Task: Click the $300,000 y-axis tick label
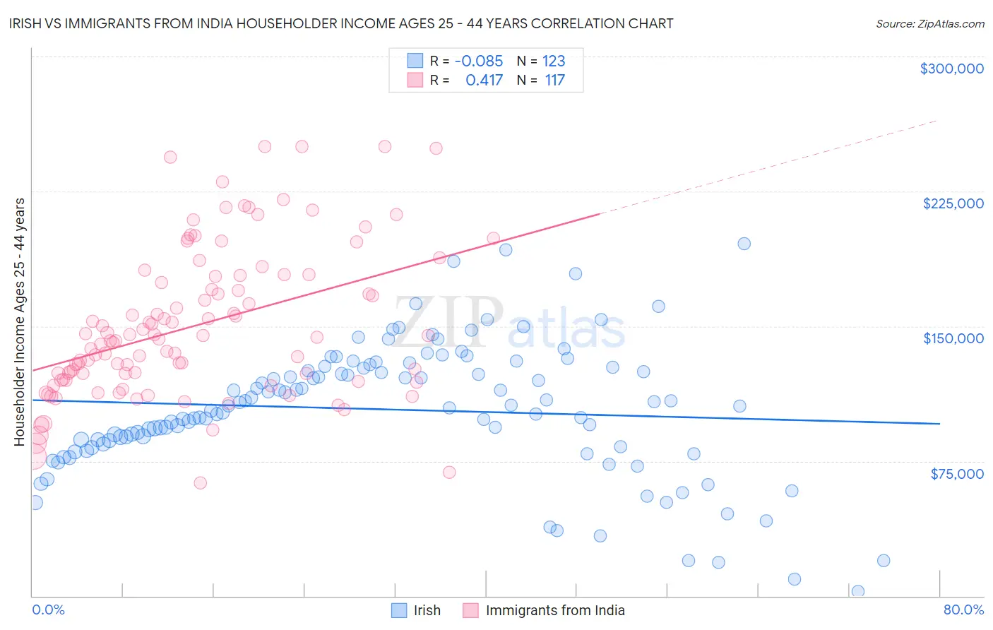click(951, 69)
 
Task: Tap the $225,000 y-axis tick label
click(953, 203)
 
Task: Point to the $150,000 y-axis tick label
click(953, 338)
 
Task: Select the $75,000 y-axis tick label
click(956, 474)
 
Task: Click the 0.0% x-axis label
click(48, 610)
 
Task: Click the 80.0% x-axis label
click(963, 610)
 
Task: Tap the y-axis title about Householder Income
click(19, 322)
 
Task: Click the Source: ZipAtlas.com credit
click(929, 23)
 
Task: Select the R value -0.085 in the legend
click(478, 61)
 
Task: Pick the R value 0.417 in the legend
click(484, 81)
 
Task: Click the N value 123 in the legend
click(554, 61)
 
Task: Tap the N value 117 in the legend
click(554, 81)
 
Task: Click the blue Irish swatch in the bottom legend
click(399, 610)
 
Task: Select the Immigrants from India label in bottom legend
click(555, 610)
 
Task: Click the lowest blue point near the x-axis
click(858, 591)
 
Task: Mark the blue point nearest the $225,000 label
click(744, 244)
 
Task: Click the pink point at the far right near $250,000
click(436, 148)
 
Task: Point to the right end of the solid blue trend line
click(939, 423)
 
